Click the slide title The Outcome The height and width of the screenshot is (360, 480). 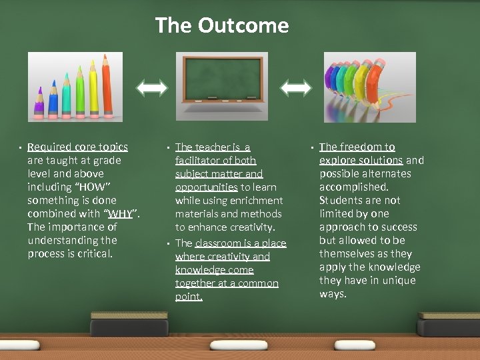222,25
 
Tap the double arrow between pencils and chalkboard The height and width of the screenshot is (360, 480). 153,87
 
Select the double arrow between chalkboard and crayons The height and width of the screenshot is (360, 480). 296,87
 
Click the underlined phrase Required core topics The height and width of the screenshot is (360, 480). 77,147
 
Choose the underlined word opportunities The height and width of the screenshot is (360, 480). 206,187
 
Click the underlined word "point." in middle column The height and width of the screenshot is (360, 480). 189,297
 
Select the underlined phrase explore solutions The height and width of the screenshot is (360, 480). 361,160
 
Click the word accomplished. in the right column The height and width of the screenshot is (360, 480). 353,187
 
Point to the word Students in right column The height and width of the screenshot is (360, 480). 341,200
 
